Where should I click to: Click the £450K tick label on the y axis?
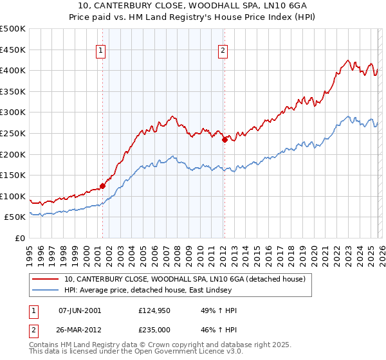pos(13,50)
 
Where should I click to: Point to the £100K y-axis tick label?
pos(13,196)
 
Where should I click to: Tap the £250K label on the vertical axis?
pos(13,133)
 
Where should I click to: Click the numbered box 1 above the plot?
pos(102,53)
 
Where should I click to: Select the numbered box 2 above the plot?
pos(223,53)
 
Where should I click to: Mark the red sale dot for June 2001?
pos(103,186)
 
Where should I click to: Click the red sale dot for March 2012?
pos(225,139)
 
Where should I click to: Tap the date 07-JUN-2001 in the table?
pos(80,310)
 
